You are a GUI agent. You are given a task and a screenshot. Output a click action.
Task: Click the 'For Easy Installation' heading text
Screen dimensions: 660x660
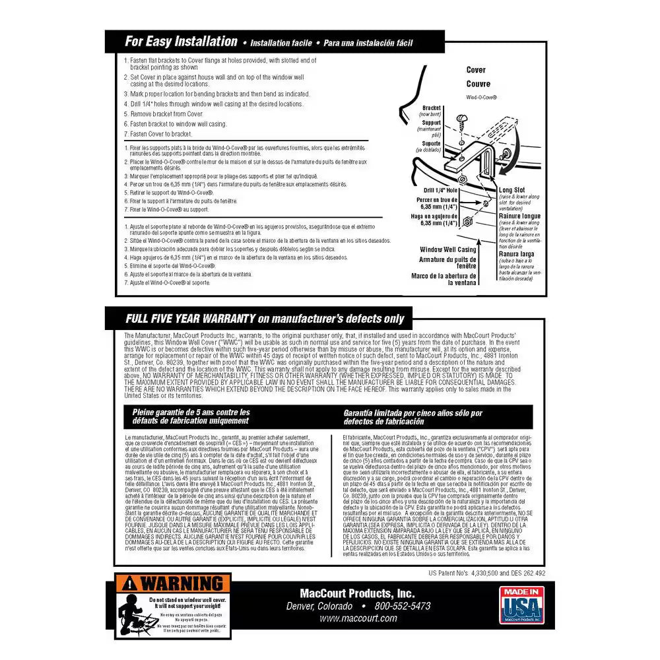click(x=181, y=42)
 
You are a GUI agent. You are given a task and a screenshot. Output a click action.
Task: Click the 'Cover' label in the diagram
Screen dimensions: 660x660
click(x=476, y=70)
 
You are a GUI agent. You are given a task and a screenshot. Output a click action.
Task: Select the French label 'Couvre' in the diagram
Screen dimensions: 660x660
click(x=478, y=84)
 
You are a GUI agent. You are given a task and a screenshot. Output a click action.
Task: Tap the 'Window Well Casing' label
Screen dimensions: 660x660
click(x=449, y=250)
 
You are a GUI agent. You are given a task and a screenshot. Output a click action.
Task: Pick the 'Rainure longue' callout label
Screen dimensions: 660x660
click(x=520, y=216)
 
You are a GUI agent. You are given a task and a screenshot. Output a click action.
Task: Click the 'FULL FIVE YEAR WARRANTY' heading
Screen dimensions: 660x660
click(x=191, y=319)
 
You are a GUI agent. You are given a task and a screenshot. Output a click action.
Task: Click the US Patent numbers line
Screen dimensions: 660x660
click(x=486, y=574)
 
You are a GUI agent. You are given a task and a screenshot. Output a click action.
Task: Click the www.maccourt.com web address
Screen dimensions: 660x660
click(x=358, y=618)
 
